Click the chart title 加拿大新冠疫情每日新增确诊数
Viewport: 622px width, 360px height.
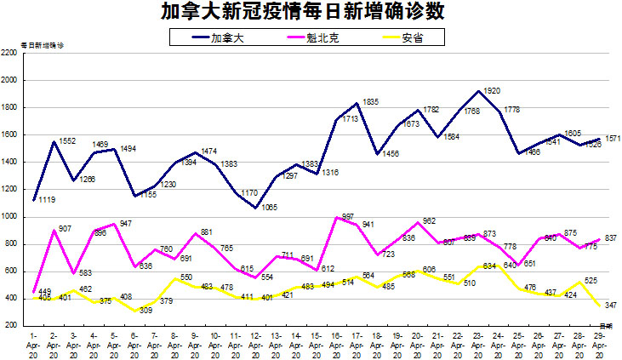click(x=311, y=12)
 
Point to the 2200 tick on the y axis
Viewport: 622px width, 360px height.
click(x=10, y=53)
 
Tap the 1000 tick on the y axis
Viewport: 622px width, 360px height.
click(x=10, y=216)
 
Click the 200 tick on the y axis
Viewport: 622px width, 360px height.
click(x=12, y=325)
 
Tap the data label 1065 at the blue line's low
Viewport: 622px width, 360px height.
click(x=270, y=207)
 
